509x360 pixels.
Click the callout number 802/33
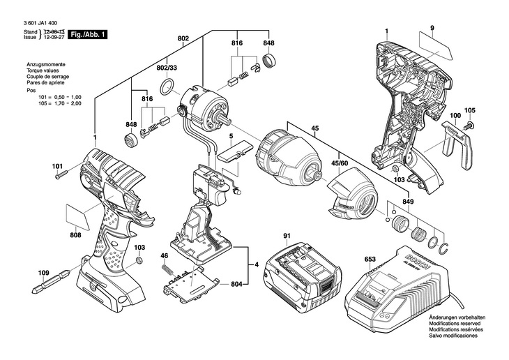[167, 68]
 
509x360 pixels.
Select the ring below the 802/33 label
[167, 87]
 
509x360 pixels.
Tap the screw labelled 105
[469, 125]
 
